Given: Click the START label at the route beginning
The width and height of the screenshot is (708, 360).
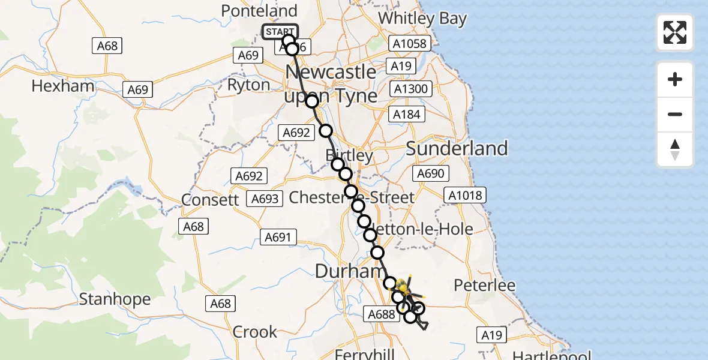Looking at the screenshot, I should tap(280, 32).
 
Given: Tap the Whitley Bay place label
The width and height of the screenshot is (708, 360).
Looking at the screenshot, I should tap(422, 19).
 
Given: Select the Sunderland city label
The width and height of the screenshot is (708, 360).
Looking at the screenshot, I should tap(457, 148).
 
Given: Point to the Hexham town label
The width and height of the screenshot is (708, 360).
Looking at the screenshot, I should tap(63, 86).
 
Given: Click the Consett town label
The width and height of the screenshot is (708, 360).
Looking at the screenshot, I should tap(210, 200).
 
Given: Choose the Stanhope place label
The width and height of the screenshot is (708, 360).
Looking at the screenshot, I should tap(109, 298).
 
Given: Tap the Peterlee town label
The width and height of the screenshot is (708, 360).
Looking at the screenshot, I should tap(485, 285).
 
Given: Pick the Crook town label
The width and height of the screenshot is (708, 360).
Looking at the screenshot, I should tap(255, 331).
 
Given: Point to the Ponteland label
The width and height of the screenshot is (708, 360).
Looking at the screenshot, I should tap(259, 11).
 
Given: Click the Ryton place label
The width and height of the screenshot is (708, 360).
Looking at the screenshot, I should tap(248, 85).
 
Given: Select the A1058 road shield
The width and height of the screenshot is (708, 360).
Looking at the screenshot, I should tap(410, 43).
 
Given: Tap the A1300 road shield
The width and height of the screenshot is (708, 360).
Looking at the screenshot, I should tap(410, 89).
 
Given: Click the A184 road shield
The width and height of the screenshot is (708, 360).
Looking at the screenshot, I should tap(407, 114).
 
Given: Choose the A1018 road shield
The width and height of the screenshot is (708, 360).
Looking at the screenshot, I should tap(463, 195).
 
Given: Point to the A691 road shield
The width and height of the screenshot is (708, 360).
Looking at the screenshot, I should tap(278, 238).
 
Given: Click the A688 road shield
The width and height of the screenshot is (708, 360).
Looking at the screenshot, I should tap(381, 314).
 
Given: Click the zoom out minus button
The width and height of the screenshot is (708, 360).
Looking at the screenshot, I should tap(675, 114).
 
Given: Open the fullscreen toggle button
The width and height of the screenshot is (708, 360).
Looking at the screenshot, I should tap(675, 32).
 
